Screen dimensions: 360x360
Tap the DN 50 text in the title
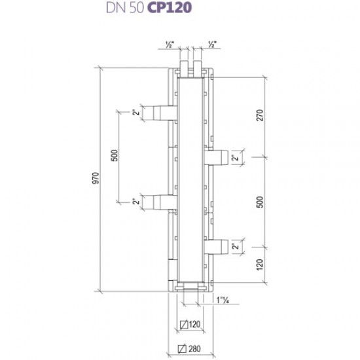click(x=125, y=8)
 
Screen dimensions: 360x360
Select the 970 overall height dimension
click(x=96, y=178)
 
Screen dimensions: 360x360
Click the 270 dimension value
click(x=260, y=115)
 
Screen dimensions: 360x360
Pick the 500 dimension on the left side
click(x=115, y=155)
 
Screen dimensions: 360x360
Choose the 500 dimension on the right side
click(x=260, y=202)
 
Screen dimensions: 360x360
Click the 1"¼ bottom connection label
click(x=223, y=300)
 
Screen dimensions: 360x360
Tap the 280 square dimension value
click(x=194, y=349)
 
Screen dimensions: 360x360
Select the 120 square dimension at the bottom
click(x=194, y=325)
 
